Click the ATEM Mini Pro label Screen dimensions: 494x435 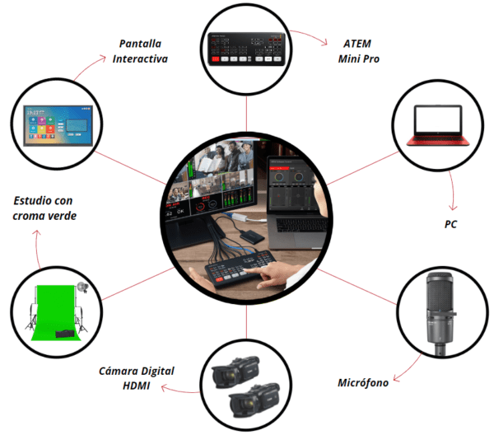point(358,51)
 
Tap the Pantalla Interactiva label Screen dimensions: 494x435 point(140,51)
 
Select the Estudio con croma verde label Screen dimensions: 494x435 point(44,208)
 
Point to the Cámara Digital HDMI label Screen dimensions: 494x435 point(136,378)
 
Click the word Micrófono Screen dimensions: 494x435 point(363,382)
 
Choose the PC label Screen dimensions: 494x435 point(450,224)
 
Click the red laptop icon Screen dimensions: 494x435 point(438,125)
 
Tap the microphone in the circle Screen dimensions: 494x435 point(441,314)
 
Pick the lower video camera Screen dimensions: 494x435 point(254,400)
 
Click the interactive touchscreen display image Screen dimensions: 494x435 point(58,126)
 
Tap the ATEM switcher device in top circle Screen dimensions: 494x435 point(246,49)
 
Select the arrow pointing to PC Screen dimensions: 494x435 point(453,190)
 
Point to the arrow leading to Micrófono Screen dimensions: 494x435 point(409,369)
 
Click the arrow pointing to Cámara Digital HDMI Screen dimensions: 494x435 point(179,391)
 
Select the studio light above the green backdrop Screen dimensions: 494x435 point(82,287)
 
